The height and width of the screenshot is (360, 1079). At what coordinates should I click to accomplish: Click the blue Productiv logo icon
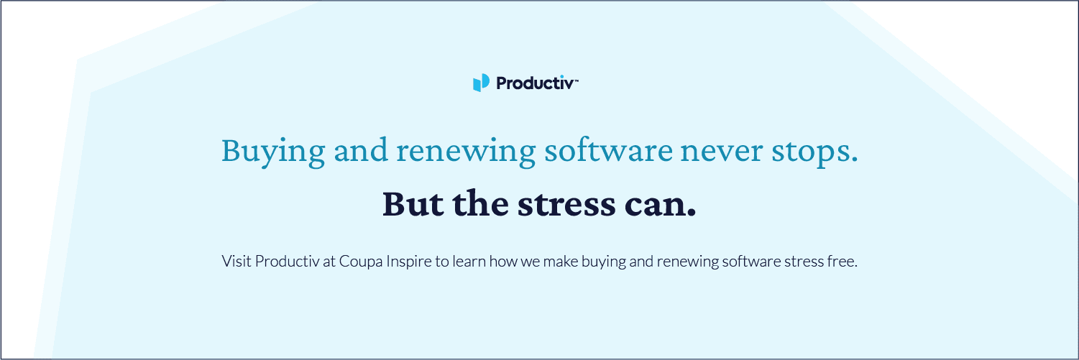481,83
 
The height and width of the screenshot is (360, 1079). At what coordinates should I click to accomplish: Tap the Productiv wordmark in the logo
535,83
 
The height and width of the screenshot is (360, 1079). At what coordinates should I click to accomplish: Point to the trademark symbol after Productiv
576,80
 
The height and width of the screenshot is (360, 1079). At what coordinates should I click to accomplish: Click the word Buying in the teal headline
273,151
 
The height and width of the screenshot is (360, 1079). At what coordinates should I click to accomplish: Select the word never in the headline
722,151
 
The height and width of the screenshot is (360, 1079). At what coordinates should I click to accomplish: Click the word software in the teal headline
608,151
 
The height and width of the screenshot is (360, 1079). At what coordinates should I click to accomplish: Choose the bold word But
413,203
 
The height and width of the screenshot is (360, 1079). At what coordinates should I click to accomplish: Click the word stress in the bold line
566,205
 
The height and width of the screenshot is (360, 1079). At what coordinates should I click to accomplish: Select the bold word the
480,203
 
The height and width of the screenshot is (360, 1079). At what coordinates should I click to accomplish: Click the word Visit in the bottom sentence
236,261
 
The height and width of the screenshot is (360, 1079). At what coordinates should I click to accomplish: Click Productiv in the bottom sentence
287,261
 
